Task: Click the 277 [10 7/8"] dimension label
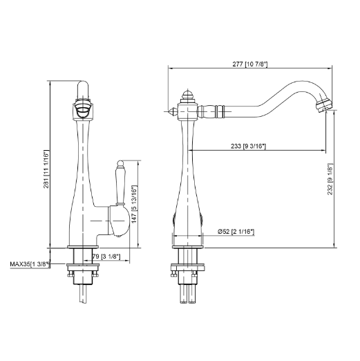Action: (x=250, y=64)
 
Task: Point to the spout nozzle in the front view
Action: (x=82, y=107)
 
